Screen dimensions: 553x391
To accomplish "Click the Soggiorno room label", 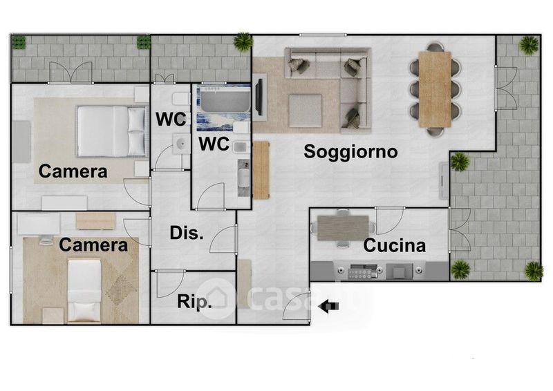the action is click(350, 152).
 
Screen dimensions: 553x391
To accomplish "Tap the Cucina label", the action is click(394, 245).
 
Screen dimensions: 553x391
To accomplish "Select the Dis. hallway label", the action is click(187, 233).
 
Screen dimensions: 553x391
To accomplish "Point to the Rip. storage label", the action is click(194, 302).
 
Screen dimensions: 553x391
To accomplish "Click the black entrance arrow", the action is click(328, 306).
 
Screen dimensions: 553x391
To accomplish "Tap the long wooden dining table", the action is click(435, 89).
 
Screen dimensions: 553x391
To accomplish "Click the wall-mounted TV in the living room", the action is click(259, 97).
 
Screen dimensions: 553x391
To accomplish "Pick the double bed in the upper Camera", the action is click(111, 131).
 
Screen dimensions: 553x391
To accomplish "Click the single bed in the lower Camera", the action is click(84, 291).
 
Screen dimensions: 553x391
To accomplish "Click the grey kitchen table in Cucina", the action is click(343, 227).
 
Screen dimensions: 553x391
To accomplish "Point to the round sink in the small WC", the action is click(181, 144).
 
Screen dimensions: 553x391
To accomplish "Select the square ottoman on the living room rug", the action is click(305, 111).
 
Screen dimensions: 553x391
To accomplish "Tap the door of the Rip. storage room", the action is click(171, 284).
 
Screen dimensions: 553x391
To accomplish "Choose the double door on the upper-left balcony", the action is click(71, 73).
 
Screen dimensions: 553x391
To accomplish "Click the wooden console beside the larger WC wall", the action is click(261, 170).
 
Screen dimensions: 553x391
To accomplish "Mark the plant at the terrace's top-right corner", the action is click(528, 45).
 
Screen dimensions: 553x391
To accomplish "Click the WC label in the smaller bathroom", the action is click(171, 120).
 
